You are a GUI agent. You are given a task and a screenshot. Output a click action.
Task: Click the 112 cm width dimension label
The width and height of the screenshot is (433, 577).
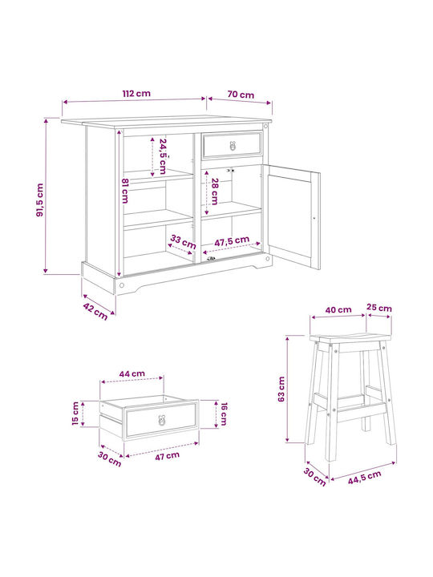(x=136, y=94)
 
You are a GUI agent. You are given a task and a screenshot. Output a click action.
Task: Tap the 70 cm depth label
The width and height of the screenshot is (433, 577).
(x=241, y=95)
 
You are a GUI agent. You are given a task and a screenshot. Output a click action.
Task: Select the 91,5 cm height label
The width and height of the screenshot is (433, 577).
(x=40, y=200)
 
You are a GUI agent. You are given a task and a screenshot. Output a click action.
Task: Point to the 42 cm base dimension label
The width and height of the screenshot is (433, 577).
(x=95, y=311)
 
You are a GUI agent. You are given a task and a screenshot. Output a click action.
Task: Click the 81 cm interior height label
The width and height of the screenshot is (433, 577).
(x=125, y=191)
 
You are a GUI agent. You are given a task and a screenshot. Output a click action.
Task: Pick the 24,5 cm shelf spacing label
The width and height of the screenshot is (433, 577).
(x=163, y=156)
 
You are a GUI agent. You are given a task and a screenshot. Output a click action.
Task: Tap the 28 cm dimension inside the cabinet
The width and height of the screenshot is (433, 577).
(x=215, y=192)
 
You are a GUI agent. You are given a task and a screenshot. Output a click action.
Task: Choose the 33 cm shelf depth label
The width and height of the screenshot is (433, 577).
(x=183, y=242)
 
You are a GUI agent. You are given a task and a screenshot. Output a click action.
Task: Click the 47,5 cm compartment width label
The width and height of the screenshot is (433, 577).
(x=232, y=241)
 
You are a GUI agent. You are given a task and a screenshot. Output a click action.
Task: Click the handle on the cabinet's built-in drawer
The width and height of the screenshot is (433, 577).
(x=233, y=146)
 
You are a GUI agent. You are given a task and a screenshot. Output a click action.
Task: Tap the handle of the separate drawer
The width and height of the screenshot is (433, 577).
(x=162, y=420)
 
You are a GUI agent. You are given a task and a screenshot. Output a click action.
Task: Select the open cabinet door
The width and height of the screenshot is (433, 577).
(x=293, y=217)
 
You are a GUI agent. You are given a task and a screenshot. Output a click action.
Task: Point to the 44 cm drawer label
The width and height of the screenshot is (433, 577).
(x=132, y=374)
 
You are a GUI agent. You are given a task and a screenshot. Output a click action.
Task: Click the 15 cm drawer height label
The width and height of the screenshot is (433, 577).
(x=75, y=414)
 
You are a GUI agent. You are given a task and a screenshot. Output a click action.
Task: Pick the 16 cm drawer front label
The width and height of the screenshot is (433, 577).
(x=224, y=414)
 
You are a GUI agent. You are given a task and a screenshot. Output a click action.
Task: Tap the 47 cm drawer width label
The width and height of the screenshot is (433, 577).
(x=167, y=456)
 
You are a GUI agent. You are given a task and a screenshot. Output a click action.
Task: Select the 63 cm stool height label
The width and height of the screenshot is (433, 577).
(x=281, y=389)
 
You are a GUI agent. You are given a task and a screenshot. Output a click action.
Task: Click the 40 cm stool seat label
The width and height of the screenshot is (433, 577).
(x=338, y=310)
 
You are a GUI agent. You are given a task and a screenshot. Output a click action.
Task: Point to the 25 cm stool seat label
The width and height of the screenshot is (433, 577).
(x=379, y=308)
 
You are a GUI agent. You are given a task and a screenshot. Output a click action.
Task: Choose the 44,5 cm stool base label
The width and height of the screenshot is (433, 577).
(x=365, y=478)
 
